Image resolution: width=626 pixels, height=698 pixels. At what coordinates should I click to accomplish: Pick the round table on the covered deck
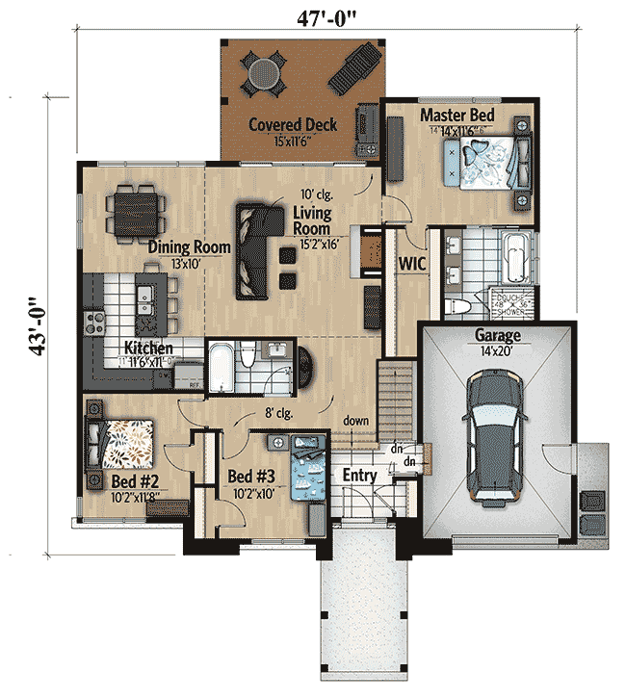point(263,70)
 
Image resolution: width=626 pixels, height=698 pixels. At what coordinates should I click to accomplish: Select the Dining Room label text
point(190,247)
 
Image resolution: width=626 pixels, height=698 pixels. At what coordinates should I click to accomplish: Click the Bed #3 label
point(252,476)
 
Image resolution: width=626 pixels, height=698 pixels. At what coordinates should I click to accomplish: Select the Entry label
point(359,476)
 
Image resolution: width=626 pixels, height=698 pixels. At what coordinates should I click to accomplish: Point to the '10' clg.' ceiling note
point(314,193)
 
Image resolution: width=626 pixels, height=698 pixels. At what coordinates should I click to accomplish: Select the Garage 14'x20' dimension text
point(496,351)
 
